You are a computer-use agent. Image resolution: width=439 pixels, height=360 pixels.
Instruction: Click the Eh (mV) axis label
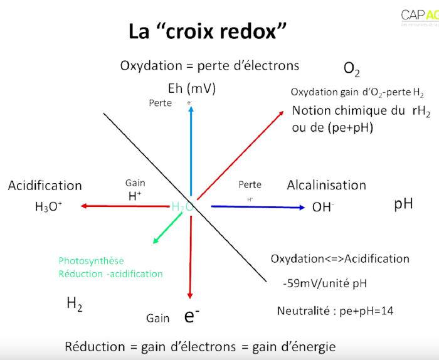pos(192,88)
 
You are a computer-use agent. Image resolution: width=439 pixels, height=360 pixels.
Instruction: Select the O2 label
pos(352,68)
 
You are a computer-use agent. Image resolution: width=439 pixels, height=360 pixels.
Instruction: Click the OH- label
pos(323,207)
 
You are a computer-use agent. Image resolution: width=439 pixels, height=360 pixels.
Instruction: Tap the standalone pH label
pos(403,204)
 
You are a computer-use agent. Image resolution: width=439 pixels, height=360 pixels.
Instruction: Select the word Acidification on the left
pos(45,186)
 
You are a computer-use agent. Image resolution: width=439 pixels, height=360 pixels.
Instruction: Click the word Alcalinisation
pos(326,185)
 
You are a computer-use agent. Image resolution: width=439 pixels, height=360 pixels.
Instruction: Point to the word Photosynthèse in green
pos(92,261)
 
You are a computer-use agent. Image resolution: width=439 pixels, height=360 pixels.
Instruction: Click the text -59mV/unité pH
pos(325,283)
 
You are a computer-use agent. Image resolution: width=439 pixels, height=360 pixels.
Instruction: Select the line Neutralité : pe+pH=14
pos(335,310)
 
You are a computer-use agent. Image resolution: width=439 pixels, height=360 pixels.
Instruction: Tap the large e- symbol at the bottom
pos(192,316)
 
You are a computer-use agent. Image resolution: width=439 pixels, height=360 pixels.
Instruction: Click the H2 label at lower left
pos(75,305)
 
